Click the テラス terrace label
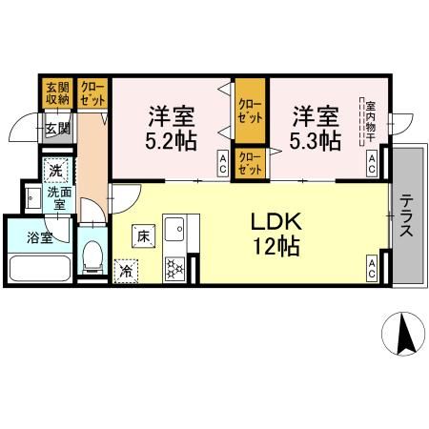[407, 220]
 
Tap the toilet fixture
[92, 255]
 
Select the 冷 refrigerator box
[125, 271]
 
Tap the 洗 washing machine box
[56, 171]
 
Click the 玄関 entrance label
[55, 128]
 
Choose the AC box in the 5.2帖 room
[222, 163]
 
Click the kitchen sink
[176, 229]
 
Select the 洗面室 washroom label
[57, 199]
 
